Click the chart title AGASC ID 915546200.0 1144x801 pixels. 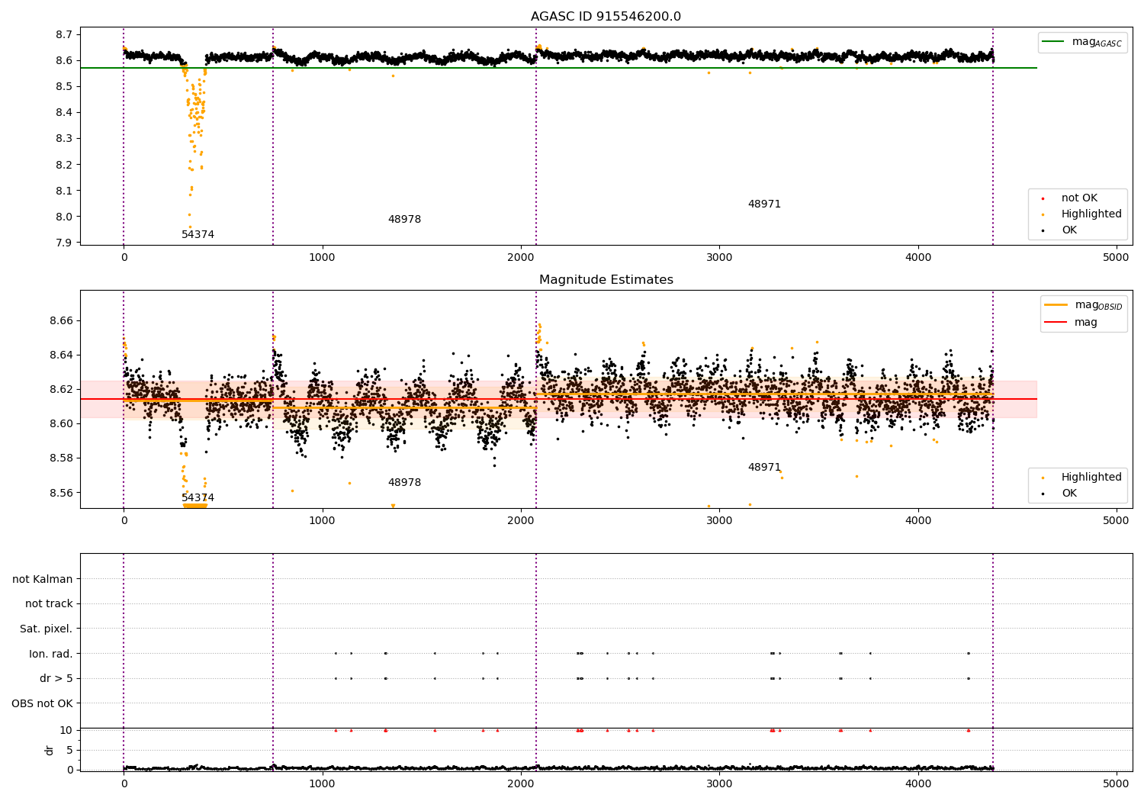point(606,16)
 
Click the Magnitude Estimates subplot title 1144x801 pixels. point(606,279)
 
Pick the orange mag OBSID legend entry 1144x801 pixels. point(1083,305)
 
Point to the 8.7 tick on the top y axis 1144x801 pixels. point(64,34)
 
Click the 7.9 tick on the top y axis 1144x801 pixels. point(64,242)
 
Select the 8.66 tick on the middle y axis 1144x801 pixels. point(61,321)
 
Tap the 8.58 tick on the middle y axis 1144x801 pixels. point(61,458)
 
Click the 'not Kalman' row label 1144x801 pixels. point(43,579)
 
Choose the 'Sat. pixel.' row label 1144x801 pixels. point(46,629)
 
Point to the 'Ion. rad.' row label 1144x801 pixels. point(50,653)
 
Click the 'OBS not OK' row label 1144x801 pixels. point(43,703)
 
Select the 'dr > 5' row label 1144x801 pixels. point(56,678)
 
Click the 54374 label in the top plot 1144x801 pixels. point(198,234)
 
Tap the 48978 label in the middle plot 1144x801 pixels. point(404,482)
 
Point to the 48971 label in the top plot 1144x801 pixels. point(764,204)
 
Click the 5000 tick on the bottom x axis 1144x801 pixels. point(1115,784)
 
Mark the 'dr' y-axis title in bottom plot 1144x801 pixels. point(49,750)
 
